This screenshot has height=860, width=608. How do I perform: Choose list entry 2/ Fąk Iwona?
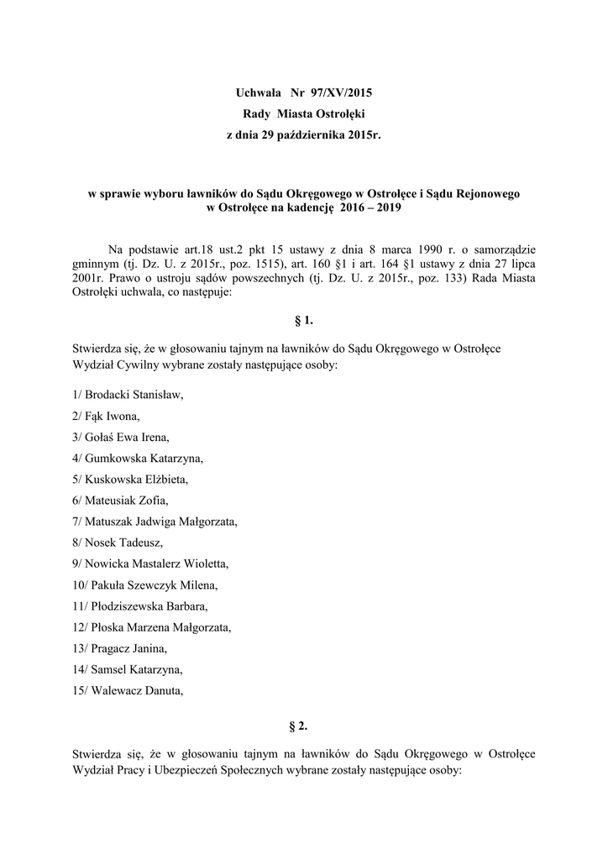(x=107, y=415)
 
